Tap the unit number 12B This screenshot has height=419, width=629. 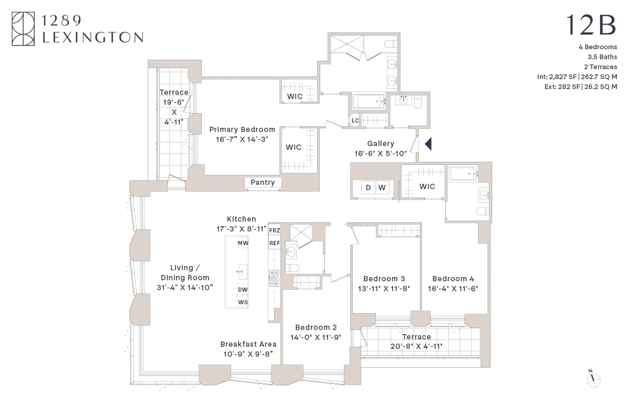[x=591, y=25]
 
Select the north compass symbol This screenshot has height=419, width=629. [x=593, y=380]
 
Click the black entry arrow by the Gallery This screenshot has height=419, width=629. [x=427, y=144]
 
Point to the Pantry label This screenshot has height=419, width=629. [x=263, y=182]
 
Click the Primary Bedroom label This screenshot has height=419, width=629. [x=242, y=129]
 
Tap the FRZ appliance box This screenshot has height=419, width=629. [x=274, y=230]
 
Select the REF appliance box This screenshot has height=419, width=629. [x=274, y=243]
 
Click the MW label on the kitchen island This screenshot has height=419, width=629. [x=243, y=244]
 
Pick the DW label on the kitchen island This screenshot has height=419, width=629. [x=243, y=290]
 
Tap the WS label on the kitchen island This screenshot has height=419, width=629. [x=243, y=302]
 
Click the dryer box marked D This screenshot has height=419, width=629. [x=368, y=188]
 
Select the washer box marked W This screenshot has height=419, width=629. [x=382, y=188]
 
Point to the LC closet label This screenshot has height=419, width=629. [x=355, y=120]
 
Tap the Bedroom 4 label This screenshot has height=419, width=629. [x=453, y=279]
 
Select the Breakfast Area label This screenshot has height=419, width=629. [x=248, y=344]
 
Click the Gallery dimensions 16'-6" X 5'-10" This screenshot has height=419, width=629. [x=381, y=153]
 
